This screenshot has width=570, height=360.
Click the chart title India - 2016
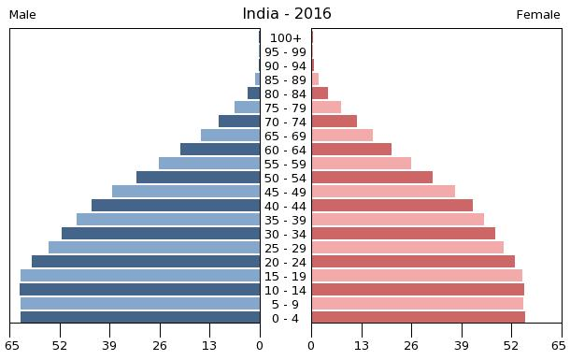coord(286,14)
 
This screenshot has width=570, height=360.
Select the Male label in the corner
coord(22,15)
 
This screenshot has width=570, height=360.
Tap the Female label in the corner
coord(537,15)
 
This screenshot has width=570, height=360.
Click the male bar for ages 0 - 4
coord(140,318)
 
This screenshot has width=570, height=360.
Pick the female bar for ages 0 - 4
coord(418,318)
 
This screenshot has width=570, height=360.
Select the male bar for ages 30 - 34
coord(161,234)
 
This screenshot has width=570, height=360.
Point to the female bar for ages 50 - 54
coord(372,178)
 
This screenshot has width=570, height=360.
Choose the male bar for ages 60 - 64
coord(220,150)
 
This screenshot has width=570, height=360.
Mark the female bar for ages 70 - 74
coord(334,122)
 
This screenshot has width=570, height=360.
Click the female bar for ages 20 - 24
coord(413,262)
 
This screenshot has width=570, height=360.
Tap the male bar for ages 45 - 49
coord(186,192)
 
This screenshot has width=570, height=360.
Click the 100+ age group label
coord(285,38)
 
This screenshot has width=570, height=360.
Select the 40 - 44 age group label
coord(285,207)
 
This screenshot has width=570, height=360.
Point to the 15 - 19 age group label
coord(285,277)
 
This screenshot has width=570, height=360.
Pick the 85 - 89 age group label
coord(285,80)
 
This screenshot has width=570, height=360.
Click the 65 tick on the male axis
coord(11,346)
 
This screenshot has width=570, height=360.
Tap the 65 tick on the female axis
coord(563,346)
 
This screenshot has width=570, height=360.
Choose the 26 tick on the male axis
coord(160,346)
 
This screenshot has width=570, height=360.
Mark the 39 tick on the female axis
coord(462,346)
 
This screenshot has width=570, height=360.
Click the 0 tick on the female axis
coord(311,346)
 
